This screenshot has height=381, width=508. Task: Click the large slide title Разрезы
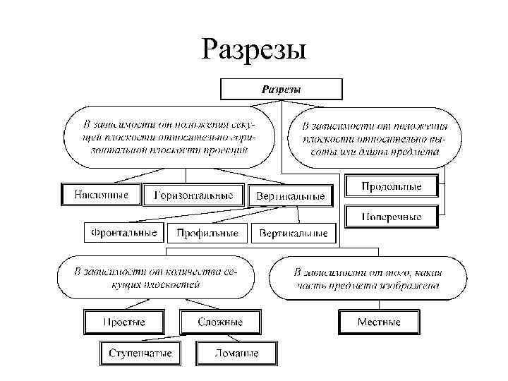pos(253,49)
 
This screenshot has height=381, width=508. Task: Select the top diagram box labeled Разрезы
pos(282,90)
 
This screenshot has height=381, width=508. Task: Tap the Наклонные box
pos(102,195)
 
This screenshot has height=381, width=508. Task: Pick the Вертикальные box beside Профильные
pos(294,233)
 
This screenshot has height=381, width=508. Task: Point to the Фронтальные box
pos(124,232)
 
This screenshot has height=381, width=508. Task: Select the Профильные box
pos(208,233)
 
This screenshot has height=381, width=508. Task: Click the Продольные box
pos(391,187)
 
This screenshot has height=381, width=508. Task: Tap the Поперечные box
pos(391,217)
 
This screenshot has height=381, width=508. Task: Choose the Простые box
pos(124,322)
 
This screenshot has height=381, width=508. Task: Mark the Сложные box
pos(219,322)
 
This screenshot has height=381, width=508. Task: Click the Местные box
pos(379,322)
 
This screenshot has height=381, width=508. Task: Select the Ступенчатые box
pos(140,353)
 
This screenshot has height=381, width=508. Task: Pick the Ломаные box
pos(237,353)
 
